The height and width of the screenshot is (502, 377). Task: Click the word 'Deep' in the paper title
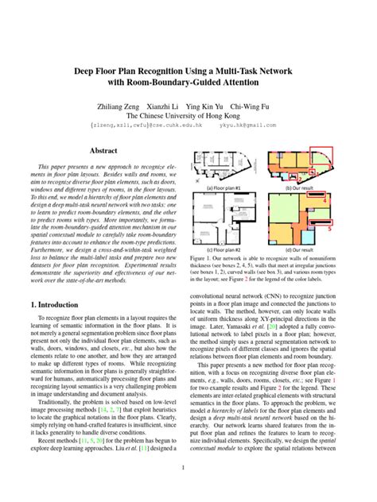coord(87,70)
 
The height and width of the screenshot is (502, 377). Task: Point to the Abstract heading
coord(103,150)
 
